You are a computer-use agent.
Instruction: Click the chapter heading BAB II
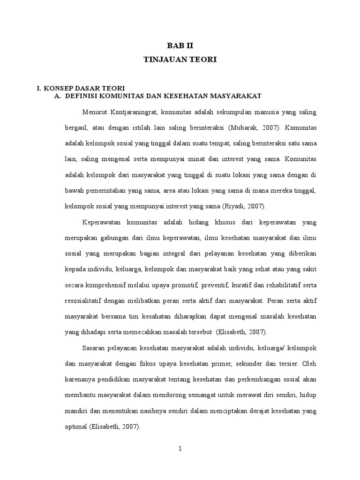[180, 46]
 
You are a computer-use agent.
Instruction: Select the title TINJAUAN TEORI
[180, 60]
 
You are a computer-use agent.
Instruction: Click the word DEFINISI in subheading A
[83, 96]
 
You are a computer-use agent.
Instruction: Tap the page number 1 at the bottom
[180, 449]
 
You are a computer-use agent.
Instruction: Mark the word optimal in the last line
[75, 427]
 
